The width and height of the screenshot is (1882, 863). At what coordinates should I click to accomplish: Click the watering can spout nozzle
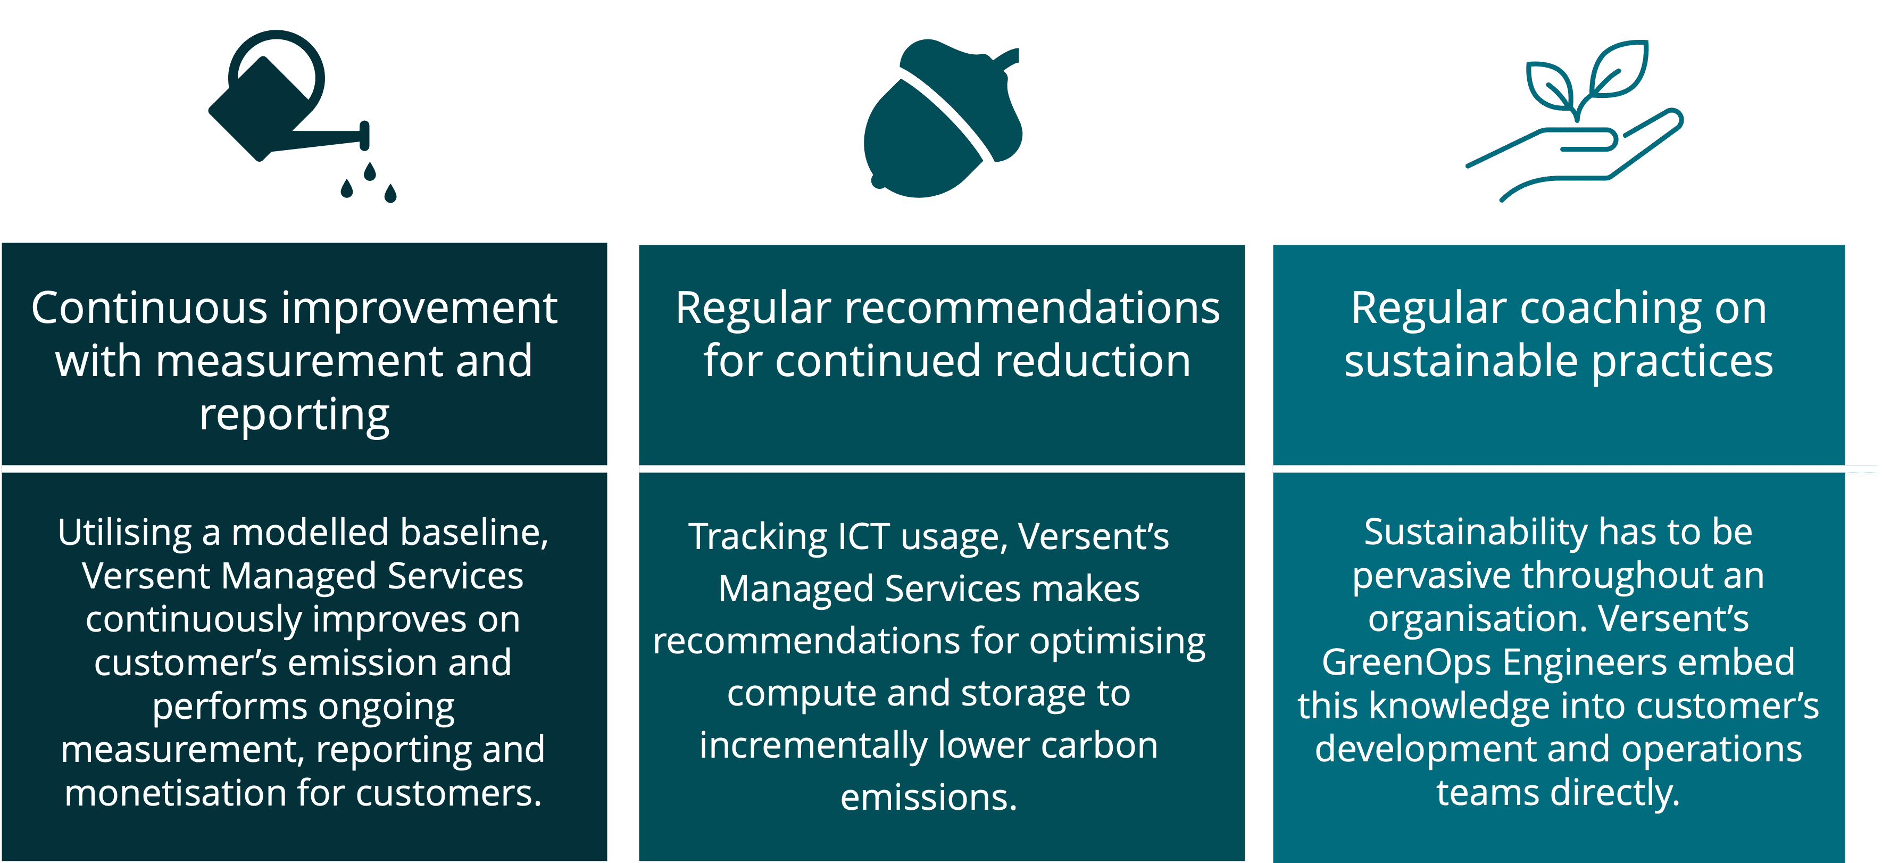(364, 136)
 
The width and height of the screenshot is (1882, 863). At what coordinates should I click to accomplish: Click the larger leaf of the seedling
(1620, 70)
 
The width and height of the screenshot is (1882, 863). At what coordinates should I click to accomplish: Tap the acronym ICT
(863, 536)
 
